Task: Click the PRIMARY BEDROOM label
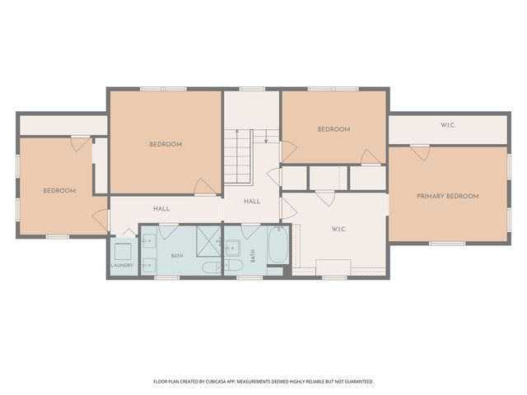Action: point(448,196)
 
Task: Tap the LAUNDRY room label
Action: point(122,265)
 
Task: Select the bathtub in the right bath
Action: point(278,245)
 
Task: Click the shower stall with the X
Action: point(208,241)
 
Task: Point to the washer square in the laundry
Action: point(123,252)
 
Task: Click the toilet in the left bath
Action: point(212,267)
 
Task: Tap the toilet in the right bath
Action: point(233,265)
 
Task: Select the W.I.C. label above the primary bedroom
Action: point(448,125)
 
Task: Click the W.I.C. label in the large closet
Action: point(338,229)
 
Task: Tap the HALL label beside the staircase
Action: point(252,201)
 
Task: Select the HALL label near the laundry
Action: point(161,208)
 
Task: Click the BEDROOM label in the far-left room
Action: point(59,190)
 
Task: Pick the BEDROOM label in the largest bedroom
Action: point(166,144)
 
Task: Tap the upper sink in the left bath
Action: point(148,241)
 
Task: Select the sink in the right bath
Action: point(231,248)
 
